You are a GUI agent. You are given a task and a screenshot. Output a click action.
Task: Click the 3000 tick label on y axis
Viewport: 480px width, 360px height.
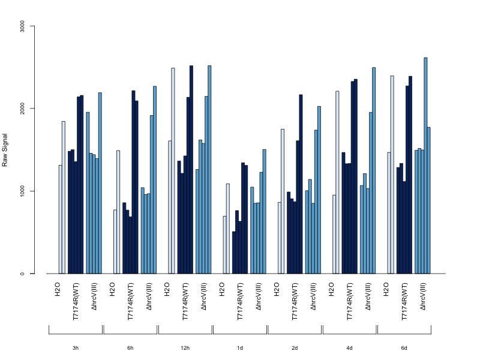coord(22,26)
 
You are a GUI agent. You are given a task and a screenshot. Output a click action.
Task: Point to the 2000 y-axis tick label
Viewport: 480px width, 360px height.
coord(22,109)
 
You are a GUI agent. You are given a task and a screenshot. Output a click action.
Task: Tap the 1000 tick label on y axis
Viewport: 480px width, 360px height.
coord(22,191)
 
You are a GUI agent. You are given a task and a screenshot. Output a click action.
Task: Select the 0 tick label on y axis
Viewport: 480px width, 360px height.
coord(22,274)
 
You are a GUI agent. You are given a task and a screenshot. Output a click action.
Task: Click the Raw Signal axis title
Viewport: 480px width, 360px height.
coord(5,150)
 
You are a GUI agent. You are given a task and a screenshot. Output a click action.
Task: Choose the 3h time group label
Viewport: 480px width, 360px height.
coord(76,348)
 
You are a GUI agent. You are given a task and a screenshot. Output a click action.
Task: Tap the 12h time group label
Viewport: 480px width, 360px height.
coord(185,348)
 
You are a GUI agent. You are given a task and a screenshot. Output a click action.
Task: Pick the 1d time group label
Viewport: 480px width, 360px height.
coord(240,348)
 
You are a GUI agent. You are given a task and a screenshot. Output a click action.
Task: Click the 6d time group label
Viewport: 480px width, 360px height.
coord(404,348)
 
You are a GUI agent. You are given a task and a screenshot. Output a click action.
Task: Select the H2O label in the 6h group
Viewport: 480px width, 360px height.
coord(112,289)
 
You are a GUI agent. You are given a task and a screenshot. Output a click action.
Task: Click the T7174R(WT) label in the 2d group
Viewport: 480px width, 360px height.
coord(295,302)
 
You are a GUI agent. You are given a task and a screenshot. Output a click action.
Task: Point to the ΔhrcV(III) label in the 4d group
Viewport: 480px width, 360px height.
coord(368,296)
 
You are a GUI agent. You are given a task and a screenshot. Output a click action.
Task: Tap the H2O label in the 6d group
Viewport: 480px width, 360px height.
coord(386,289)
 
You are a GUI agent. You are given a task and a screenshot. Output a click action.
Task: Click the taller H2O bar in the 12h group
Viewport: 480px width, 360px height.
coord(173,171)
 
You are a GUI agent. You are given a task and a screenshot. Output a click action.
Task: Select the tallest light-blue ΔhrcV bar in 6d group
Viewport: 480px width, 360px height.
coord(425,166)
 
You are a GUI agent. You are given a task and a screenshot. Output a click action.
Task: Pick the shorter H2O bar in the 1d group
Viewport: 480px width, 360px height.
coord(224,245)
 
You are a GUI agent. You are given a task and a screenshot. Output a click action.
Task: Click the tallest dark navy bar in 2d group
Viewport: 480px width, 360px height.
coord(301,184)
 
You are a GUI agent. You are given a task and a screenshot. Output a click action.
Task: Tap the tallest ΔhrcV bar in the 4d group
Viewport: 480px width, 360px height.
coord(374,170)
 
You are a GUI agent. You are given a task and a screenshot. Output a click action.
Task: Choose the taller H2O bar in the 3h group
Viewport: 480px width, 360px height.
coord(64,197)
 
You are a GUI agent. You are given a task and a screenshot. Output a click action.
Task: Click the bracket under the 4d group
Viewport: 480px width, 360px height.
coord(349,334)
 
